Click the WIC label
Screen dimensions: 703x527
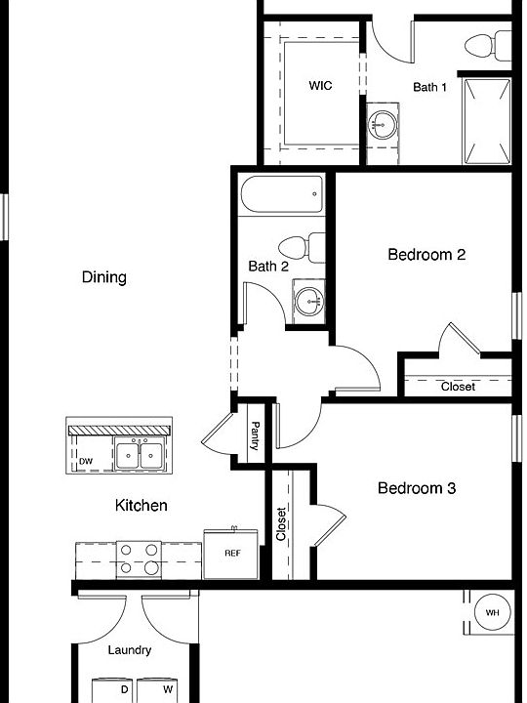[x=320, y=86]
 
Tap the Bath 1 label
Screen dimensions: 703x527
[x=429, y=87]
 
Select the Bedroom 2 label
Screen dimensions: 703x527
[x=426, y=255]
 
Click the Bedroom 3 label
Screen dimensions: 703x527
[x=417, y=487]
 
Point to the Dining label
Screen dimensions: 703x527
[x=104, y=277]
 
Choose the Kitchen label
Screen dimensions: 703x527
[x=142, y=505]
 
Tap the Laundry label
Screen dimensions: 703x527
[x=130, y=650]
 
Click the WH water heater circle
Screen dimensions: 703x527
[x=491, y=613]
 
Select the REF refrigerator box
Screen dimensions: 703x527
[x=232, y=554]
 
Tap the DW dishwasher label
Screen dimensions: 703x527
[x=86, y=461]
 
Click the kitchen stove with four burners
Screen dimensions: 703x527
[x=139, y=560]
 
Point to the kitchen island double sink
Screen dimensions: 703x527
[x=139, y=455]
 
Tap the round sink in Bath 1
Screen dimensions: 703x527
[x=382, y=125]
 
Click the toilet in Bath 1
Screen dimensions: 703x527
[x=487, y=45]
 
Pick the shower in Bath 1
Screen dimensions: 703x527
[x=486, y=122]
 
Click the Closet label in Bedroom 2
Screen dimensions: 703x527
[x=458, y=387]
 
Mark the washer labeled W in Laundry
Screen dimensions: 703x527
[x=154, y=690]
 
